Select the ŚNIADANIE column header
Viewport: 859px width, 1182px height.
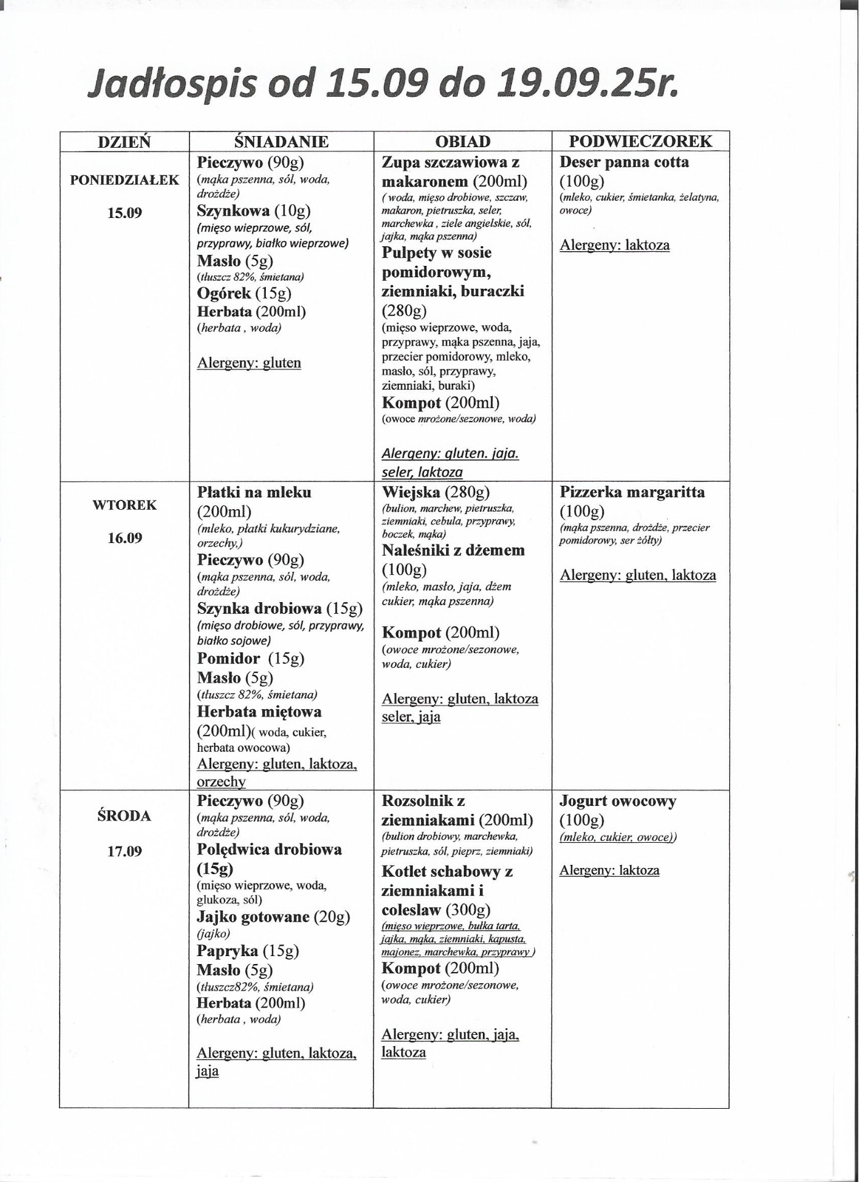pos(281,142)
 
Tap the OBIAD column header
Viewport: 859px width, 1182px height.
pos(463,142)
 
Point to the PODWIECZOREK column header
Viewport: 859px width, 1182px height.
pos(640,142)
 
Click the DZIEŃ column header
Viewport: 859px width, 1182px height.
pos(124,142)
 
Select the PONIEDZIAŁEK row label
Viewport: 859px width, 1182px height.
pos(124,180)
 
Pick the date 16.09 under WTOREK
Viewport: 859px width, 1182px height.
pos(124,538)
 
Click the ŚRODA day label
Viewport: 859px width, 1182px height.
pos(124,816)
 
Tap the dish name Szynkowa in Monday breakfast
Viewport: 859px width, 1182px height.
pos(233,211)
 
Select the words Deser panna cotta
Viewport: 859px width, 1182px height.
pos(624,163)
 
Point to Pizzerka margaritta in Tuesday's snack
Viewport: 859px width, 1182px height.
pos(632,492)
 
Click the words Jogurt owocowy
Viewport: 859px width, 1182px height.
pos(618,801)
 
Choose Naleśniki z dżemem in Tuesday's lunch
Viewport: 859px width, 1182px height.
pos(453,550)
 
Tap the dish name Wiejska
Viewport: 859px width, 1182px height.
pos(411,492)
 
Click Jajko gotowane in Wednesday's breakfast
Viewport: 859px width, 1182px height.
pos(253,917)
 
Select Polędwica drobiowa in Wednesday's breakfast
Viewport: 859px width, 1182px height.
pos(269,850)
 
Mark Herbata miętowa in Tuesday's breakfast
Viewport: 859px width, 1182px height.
pos(259,712)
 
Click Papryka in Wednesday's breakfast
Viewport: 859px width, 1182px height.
pos(227,951)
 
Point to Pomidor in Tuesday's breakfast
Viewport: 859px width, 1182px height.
pos(228,658)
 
